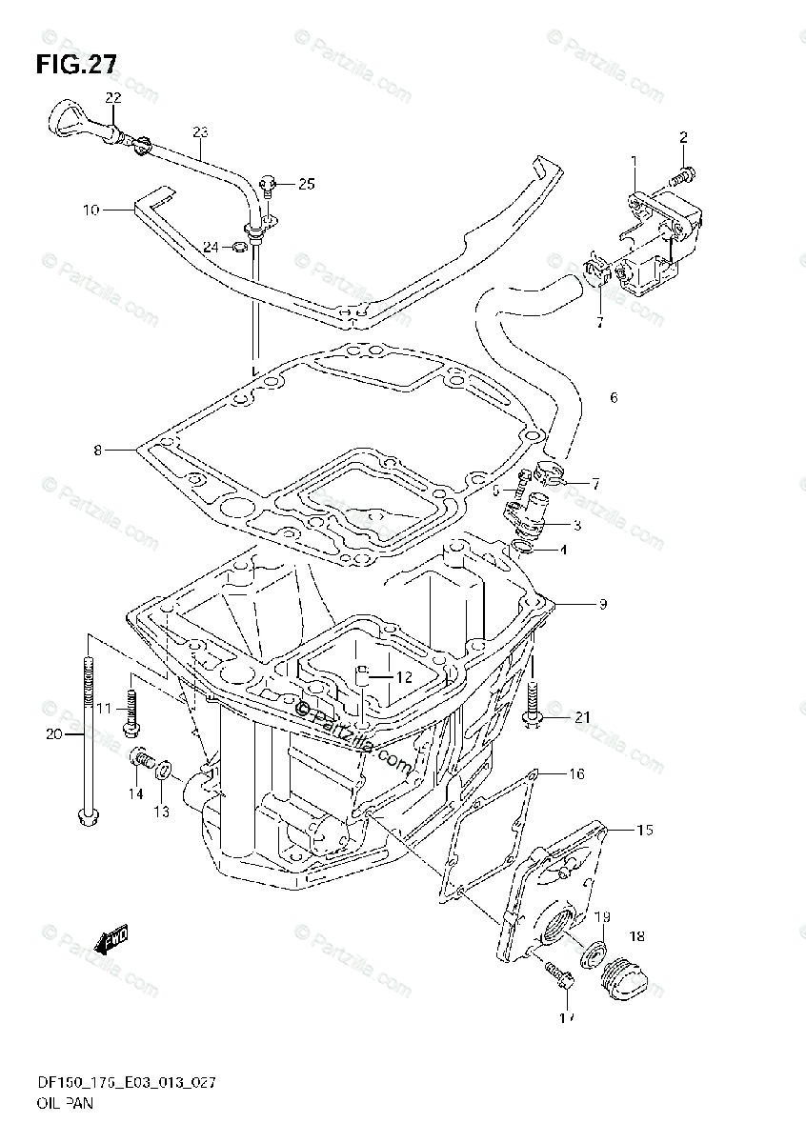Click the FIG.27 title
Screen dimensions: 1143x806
pyautogui.click(x=76, y=65)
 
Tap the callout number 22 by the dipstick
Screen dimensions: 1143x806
pyautogui.click(x=113, y=98)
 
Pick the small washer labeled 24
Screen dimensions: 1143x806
pyautogui.click(x=240, y=249)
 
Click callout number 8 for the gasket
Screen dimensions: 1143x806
pyautogui.click(x=97, y=449)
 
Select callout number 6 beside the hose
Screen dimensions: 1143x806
pyautogui.click(x=613, y=397)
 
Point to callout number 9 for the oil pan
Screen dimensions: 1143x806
pyautogui.click(x=602, y=604)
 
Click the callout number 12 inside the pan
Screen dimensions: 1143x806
pyautogui.click(x=403, y=677)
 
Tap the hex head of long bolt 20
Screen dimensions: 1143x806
pyautogui.click(x=87, y=816)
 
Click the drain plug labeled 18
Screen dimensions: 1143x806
pyautogui.click(x=624, y=974)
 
